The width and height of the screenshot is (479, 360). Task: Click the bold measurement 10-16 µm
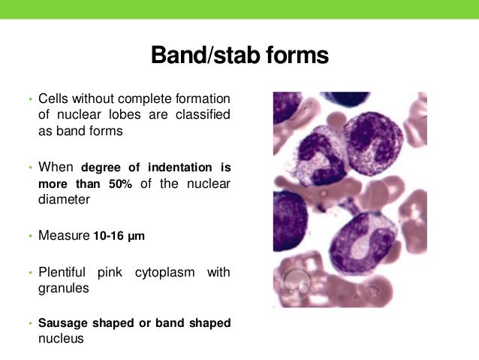[119, 236]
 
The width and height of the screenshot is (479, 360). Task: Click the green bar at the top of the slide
[239, 9]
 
